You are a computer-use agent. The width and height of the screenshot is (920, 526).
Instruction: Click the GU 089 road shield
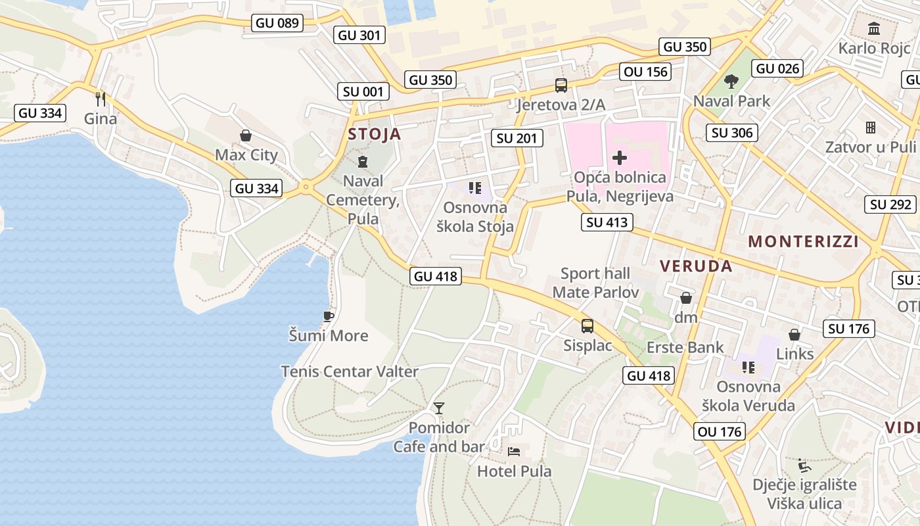[277, 23]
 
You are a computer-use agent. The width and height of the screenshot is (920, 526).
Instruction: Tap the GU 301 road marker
[359, 35]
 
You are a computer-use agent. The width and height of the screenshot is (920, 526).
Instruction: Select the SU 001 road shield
[362, 91]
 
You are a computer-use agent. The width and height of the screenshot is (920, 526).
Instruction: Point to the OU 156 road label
[646, 72]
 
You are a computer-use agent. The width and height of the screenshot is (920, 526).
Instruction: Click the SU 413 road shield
[607, 222]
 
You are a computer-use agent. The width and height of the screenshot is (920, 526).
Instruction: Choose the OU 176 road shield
[719, 431]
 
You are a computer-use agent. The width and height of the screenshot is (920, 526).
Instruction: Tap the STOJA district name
[374, 134]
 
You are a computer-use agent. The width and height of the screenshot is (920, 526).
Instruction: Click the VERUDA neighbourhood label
[696, 266]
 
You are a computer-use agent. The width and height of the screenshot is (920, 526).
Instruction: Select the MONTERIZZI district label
[803, 241]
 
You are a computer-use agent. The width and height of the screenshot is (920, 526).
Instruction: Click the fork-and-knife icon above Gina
[101, 99]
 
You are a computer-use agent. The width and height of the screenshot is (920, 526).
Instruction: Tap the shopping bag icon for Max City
[246, 135]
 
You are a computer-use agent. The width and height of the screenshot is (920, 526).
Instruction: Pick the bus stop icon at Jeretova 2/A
[561, 85]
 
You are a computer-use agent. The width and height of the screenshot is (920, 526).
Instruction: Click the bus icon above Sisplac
[587, 325]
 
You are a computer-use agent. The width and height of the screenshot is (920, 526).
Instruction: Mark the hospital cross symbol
[619, 158]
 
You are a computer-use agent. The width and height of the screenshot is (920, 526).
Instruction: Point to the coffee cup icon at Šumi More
[329, 316]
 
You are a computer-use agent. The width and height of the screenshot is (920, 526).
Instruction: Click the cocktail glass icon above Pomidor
[438, 408]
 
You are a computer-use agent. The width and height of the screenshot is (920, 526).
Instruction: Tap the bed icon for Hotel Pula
[514, 451]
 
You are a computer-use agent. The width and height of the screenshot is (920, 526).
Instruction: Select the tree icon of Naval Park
[731, 82]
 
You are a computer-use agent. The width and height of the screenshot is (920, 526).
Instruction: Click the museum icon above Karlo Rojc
[874, 28]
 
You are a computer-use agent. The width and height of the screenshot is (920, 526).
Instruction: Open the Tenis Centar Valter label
[350, 371]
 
